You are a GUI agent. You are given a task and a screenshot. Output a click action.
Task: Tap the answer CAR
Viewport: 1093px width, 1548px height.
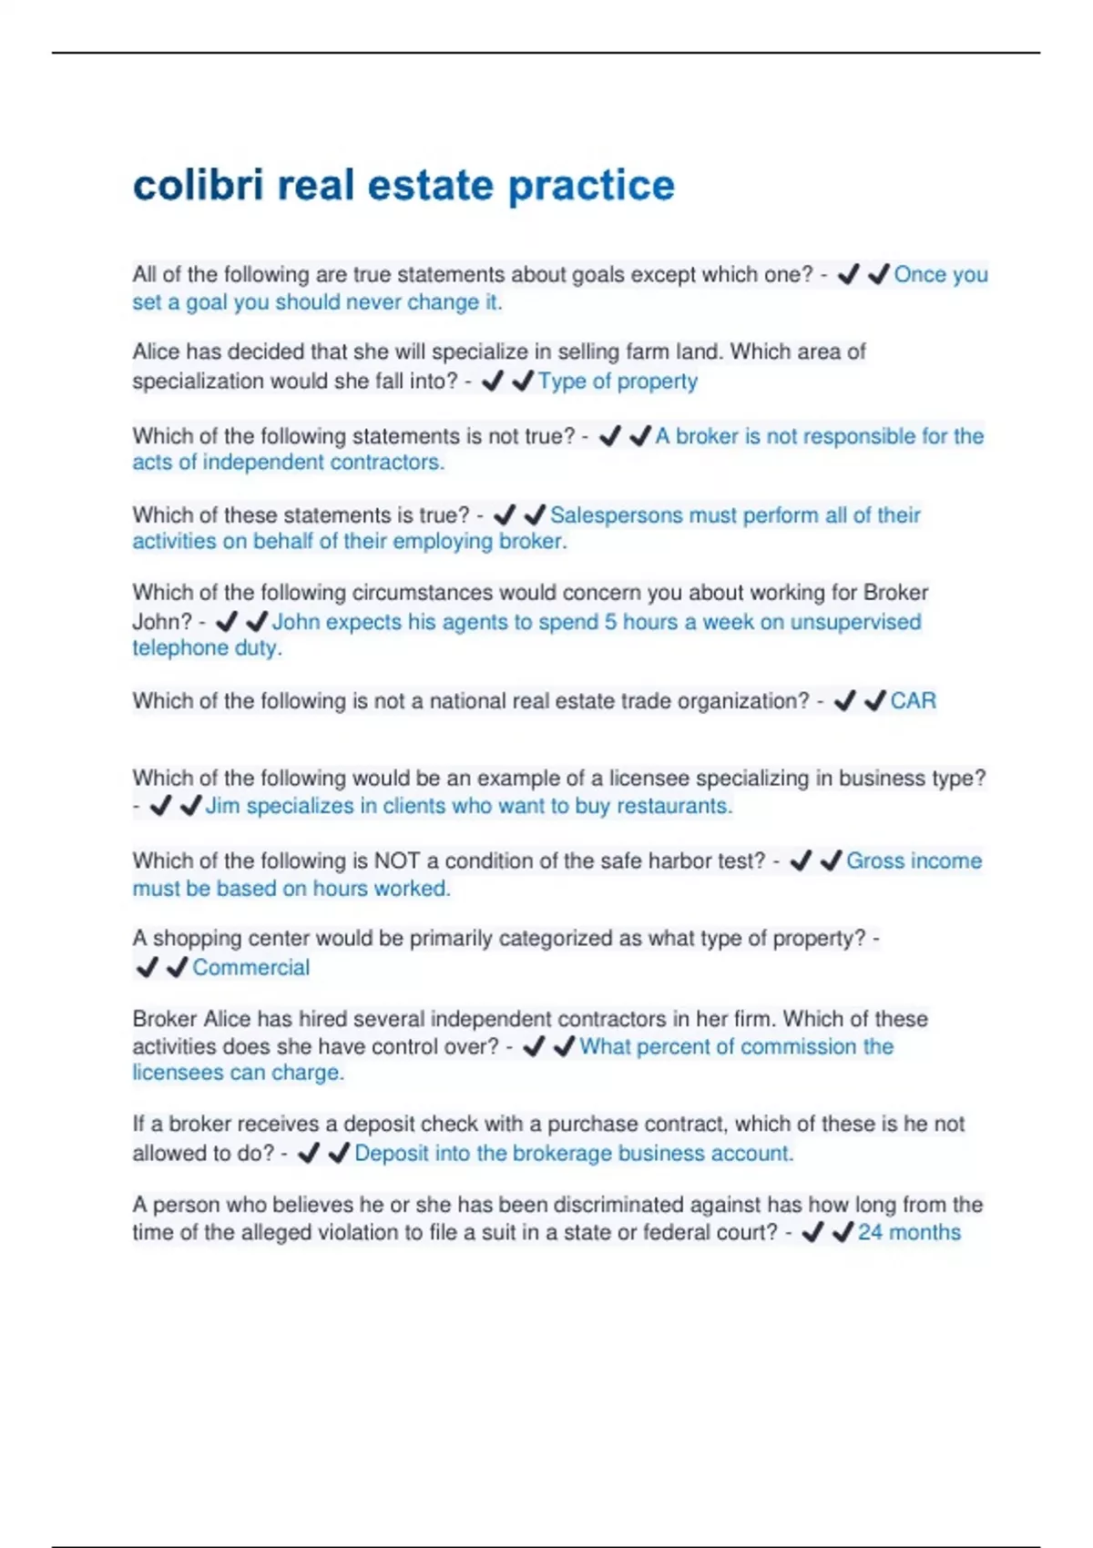tap(913, 700)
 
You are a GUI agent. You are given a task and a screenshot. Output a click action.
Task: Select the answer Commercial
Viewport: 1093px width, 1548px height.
tap(250, 967)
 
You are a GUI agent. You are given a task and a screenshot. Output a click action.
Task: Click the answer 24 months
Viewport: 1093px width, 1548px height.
tap(909, 1232)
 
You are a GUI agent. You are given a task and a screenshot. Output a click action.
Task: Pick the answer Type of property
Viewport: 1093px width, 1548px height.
tap(618, 381)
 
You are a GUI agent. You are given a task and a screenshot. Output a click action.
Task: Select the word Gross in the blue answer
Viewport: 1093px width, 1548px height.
tap(876, 861)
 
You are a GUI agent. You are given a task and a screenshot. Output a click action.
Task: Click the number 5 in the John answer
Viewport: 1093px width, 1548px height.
tap(610, 622)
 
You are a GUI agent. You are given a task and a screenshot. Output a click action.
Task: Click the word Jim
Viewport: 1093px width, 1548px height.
tap(222, 806)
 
